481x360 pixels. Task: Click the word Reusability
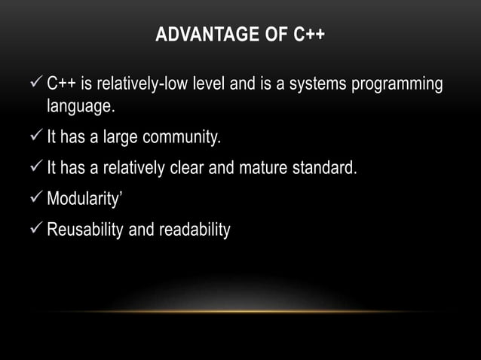tap(85, 227)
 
